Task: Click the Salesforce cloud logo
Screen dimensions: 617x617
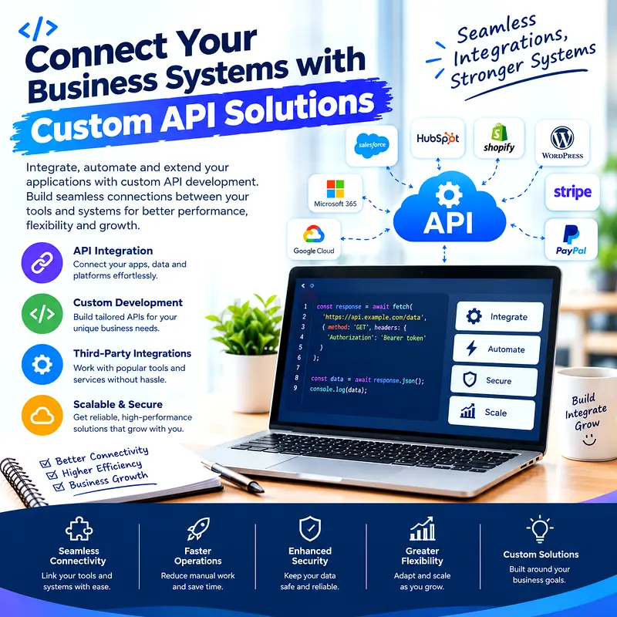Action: (372, 145)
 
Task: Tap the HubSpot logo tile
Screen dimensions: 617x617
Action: (437, 138)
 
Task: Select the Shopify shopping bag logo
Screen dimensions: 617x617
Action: (499, 133)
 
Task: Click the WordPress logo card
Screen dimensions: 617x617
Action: (562, 143)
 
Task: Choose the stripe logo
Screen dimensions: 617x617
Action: (572, 192)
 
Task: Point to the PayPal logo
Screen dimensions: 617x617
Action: (571, 240)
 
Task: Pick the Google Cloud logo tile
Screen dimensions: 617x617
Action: (314, 240)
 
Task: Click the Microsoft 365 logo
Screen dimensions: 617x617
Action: (335, 194)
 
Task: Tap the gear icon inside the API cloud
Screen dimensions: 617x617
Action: (449, 195)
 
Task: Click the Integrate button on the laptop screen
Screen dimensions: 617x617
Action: (499, 317)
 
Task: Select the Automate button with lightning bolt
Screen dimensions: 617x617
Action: (497, 349)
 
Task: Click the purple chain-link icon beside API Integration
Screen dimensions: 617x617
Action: (42, 262)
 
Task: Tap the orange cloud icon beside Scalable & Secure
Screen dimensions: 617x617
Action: (42, 415)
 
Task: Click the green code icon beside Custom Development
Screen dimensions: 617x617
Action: (42, 314)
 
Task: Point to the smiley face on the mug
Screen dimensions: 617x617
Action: (589, 440)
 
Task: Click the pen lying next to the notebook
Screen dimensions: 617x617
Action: (233, 476)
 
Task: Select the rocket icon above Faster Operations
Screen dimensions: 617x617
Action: (198, 528)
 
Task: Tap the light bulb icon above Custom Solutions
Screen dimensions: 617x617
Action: (540, 529)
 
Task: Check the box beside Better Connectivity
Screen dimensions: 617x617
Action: (46, 463)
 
